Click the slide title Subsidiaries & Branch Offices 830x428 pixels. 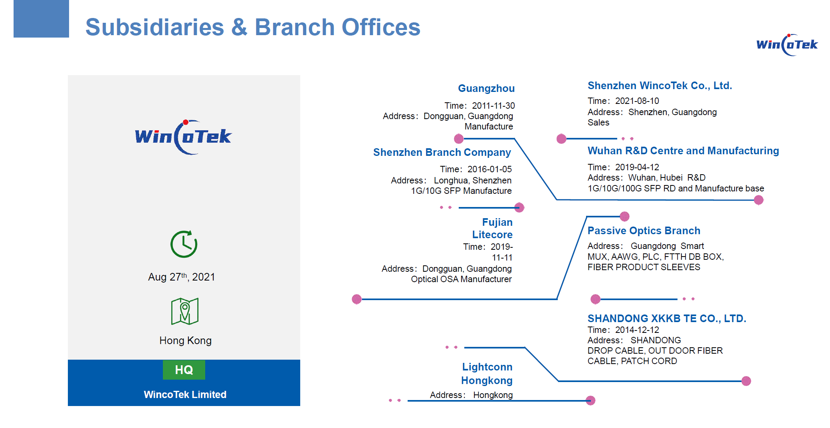(x=253, y=27)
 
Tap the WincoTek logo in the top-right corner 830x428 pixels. (x=787, y=45)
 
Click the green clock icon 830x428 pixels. (x=184, y=244)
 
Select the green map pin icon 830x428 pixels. (x=185, y=311)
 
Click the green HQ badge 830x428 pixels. (x=184, y=370)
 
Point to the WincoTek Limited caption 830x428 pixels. (x=185, y=394)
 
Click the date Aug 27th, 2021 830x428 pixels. (x=182, y=277)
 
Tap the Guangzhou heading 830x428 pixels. (x=486, y=88)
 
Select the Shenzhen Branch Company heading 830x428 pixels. (x=442, y=152)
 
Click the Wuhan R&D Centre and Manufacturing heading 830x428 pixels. (x=683, y=151)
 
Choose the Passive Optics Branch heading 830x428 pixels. (x=644, y=231)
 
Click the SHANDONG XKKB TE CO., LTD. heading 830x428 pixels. (x=667, y=319)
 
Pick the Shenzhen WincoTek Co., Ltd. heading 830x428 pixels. (x=660, y=86)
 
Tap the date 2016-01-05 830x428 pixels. (x=489, y=169)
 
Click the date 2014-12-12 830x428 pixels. (x=637, y=330)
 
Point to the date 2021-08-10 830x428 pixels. (x=637, y=101)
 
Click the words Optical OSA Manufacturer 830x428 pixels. (x=462, y=279)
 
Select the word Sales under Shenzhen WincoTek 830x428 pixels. (x=598, y=122)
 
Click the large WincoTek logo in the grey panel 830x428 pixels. (x=183, y=137)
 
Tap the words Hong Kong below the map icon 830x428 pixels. (x=186, y=340)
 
